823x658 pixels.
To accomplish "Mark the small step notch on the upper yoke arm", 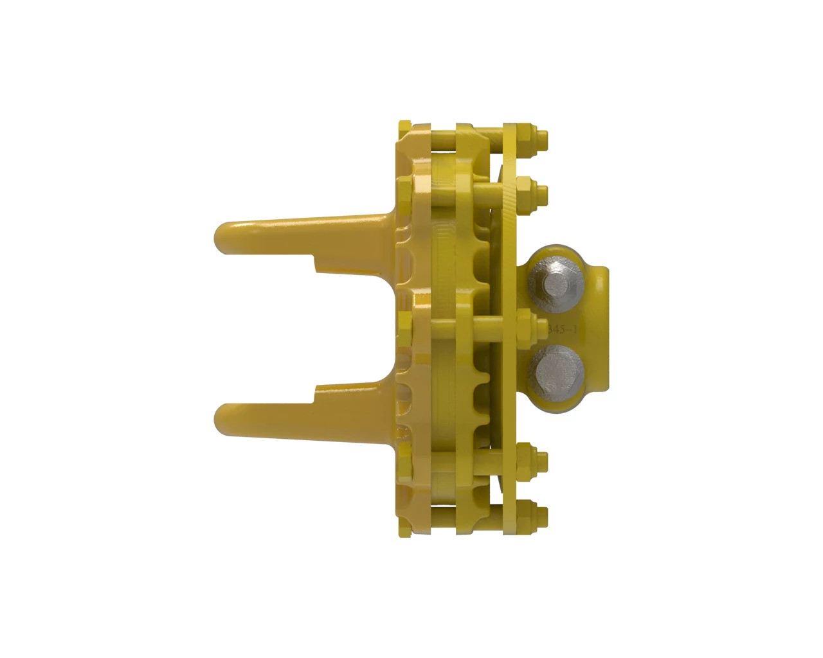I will (x=316, y=262).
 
